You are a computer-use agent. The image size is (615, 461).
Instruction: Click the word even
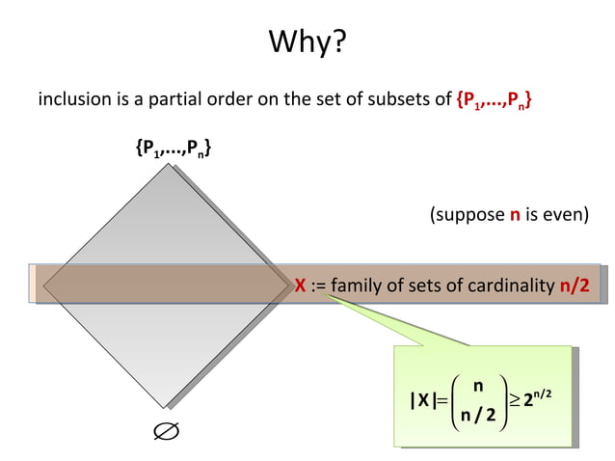click(x=562, y=215)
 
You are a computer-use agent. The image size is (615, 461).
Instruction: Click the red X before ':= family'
click(x=301, y=285)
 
